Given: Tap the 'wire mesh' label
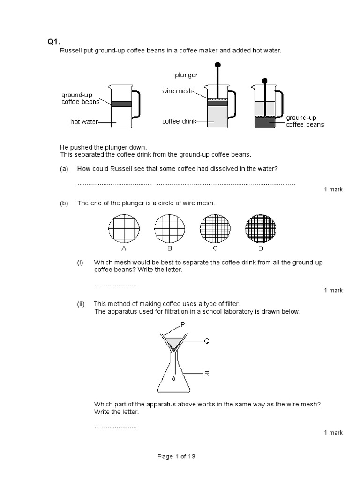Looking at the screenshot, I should click(x=177, y=91).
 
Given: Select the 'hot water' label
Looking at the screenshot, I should click(x=84, y=122).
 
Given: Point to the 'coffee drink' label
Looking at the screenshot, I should click(x=178, y=121).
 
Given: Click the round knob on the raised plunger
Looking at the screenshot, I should click(x=217, y=65).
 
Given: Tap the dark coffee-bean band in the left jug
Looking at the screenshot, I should click(x=121, y=104).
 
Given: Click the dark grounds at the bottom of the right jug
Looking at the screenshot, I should click(x=265, y=123).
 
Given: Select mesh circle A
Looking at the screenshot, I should click(x=124, y=229).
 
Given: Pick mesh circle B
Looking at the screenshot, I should click(x=169, y=229).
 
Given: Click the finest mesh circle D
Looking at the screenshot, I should click(x=261, y=229).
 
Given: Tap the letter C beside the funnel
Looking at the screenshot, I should click(x=206, y=341).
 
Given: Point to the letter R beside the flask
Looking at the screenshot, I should click(x=206, y=373).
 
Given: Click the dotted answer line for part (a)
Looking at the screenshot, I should click(x=186, y=184).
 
